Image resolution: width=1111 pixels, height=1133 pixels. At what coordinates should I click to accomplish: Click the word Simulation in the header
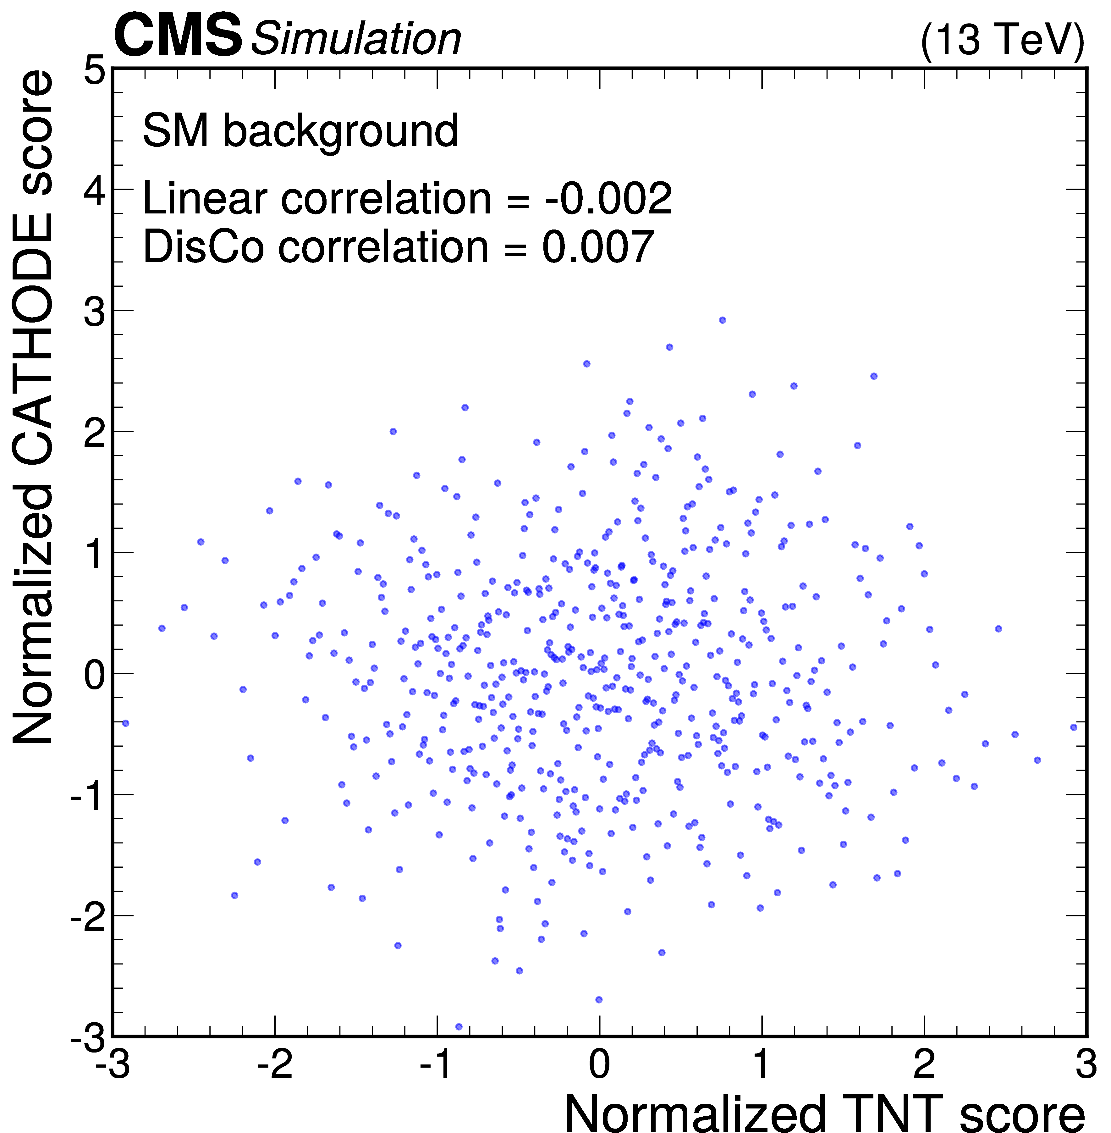[356, 40]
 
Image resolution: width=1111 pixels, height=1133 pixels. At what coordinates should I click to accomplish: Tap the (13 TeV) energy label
[1002, 40]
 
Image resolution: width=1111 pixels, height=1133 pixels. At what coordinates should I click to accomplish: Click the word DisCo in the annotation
[206, 246]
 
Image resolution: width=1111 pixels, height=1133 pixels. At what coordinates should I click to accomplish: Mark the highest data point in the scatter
[722, 320]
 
